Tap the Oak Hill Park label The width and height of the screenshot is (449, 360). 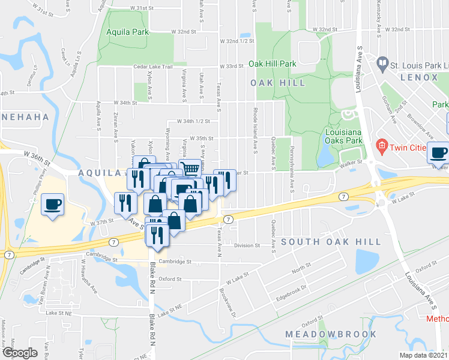[273, 64]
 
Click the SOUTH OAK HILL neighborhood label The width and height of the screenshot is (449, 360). [331, 242]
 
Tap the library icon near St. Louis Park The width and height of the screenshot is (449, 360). [382, 62]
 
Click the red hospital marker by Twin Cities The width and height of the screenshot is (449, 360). [381, 146]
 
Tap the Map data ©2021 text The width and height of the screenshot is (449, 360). [424, 355]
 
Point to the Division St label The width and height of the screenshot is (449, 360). [247, 245]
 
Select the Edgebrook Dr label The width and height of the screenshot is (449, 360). [291, 288]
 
